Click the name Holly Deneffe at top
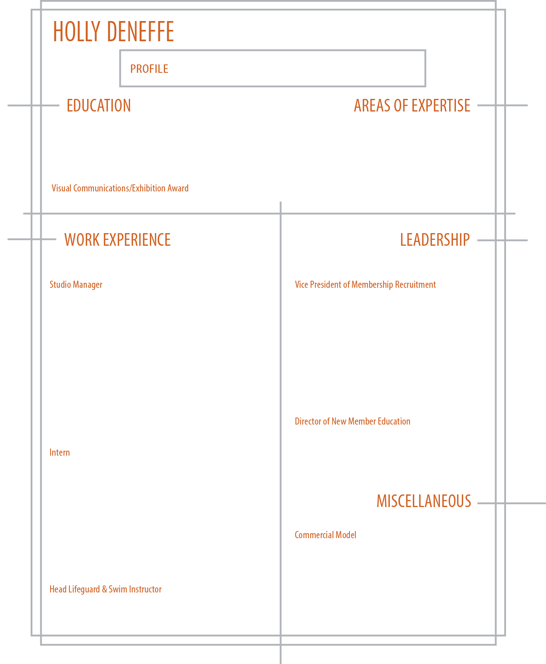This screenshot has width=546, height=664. (x=113, y=32)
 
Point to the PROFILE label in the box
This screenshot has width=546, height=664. (x=149, y=69)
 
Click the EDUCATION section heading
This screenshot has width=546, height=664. (x=99, y=106)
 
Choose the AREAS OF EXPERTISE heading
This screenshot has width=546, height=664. (x=412, y=106)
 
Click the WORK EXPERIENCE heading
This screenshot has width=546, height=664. (x=117, y=240)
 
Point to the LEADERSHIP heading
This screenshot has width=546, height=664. (x=434, y=240)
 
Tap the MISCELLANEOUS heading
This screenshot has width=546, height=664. (x=423, y=501)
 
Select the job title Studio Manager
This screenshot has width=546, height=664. (x=76, y=285)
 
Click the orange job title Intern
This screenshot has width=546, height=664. (x=60, y=453)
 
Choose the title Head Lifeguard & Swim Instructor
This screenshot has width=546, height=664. (x=105, y=590)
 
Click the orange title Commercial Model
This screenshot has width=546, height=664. (x=325, y=535)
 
